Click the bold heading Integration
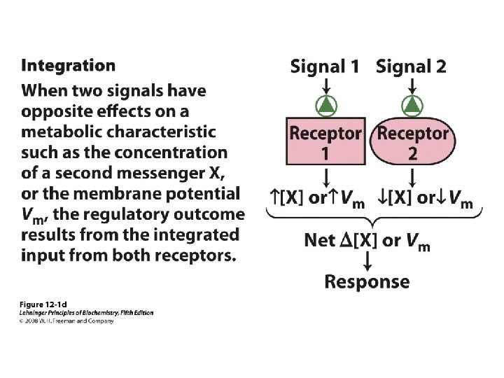(x=69, y=66)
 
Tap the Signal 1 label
(x=325, y=67)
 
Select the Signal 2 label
(x=411, y=67)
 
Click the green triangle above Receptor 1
(x=325, y=105)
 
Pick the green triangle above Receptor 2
(x=412, y=105)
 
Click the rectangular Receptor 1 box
(x=325, y=142)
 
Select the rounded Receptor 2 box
(x=412, y=142)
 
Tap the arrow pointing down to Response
(x=367, y=261)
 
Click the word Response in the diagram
(x=367, y=282)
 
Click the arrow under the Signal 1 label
(x=325, y=85)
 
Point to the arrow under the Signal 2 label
(x=412, y=85)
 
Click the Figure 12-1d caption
(x=43, y=304)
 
